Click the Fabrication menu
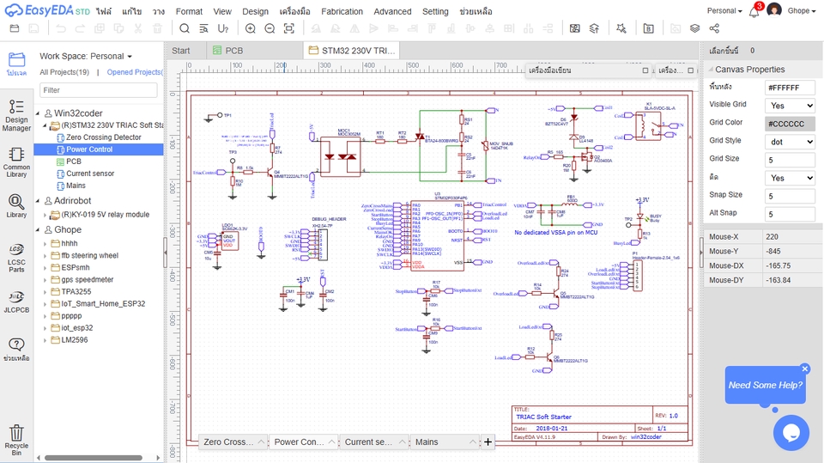coord(342,11)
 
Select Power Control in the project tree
coord(89,149)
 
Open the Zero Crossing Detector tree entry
coord(104,137)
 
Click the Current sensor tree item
coord(90,174)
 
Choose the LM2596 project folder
coord(74,339)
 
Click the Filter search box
coord(99,90)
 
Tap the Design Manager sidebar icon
coord(16,115)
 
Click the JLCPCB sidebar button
coord(16,301)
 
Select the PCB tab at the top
coord(233,51)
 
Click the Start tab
coord(181,51)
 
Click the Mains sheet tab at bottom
coord(427,442)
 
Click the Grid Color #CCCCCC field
coord(789,123)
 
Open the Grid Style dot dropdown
coord(789,141)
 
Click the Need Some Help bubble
coord(766,385)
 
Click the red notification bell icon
coord(754,10)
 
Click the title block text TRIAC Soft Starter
coord(543,417)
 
